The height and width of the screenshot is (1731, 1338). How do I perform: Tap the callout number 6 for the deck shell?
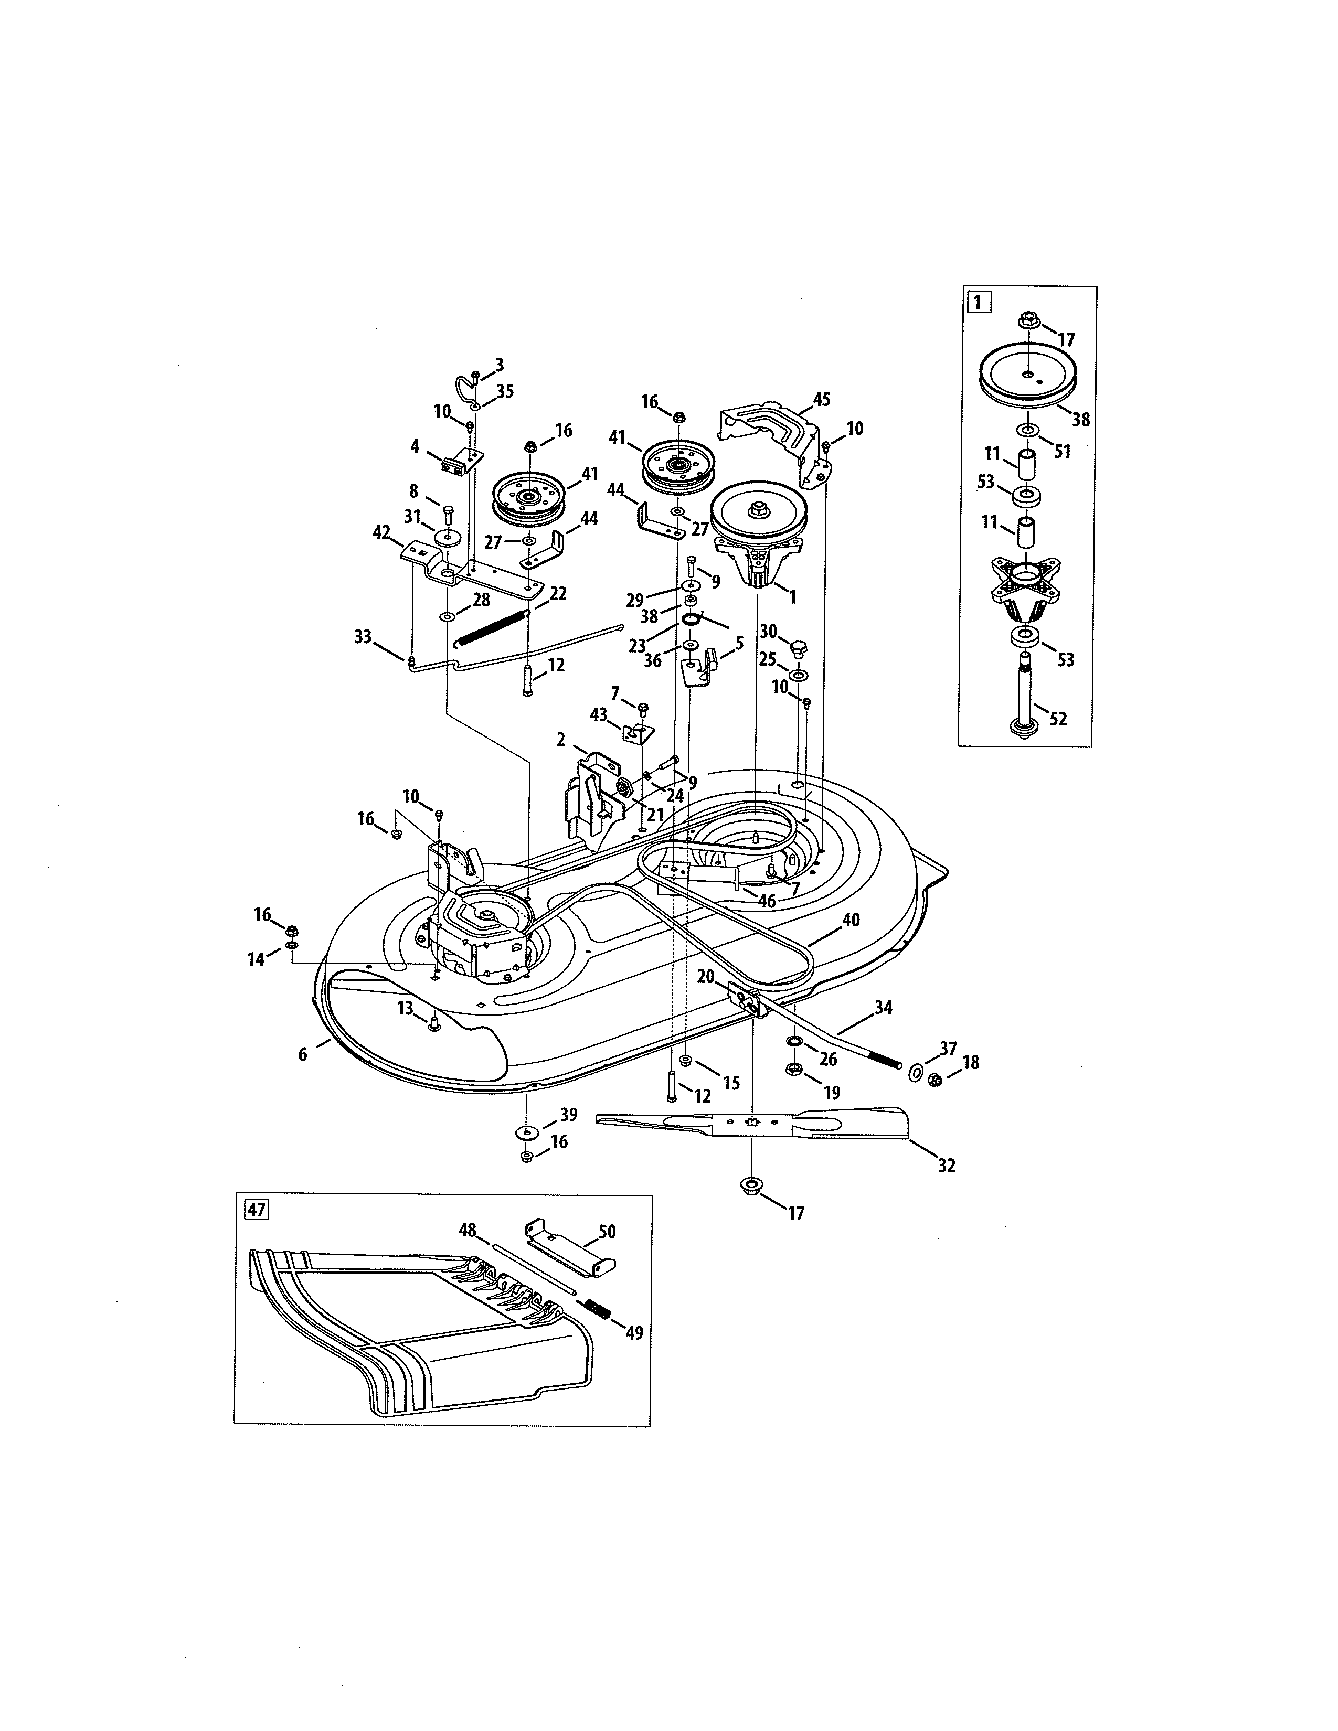coord(303,1055)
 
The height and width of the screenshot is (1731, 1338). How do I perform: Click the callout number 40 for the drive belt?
coord(851,920)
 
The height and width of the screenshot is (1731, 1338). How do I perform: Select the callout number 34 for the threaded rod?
coord(883,1007)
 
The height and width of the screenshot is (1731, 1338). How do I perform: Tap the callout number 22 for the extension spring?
coord(558,594)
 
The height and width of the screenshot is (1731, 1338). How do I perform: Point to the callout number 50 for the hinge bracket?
coord(607,1232)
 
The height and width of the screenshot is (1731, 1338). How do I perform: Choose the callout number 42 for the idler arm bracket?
coord(381,532)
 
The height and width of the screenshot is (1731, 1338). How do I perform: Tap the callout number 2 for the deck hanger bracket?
coord(561,740)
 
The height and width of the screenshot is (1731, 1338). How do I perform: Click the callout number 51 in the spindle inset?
coord(1062,451)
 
